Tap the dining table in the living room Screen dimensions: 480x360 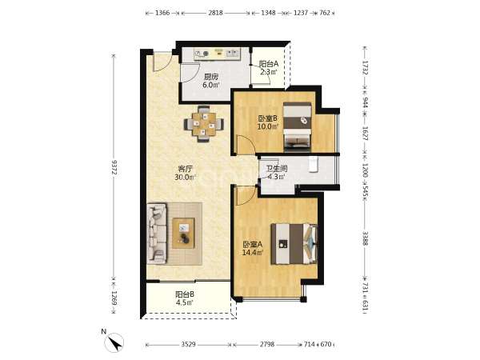point(203,124)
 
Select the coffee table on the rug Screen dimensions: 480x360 point(183,233)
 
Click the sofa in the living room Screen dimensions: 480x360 point(157,234)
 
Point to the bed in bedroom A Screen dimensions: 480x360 point(294,244)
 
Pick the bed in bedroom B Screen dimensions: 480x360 point(298,127)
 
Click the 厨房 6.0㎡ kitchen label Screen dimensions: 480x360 point(211,81)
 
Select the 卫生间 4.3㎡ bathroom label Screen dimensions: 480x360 point(277,172)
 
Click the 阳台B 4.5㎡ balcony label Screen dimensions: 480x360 point(185,298)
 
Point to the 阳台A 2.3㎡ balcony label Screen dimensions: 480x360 point(269,68)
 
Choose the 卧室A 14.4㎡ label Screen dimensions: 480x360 point(253,249)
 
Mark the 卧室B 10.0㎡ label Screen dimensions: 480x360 point(268,122)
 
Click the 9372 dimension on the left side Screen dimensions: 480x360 point(114,167)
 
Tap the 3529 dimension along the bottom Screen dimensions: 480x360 point(188,344)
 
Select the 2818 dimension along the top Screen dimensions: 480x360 point(215,13)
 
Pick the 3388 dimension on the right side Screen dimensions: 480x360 point(366,238)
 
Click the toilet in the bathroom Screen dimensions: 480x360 point(313,164)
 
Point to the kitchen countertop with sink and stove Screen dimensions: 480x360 point(218,54)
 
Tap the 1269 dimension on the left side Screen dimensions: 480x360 point(114,298)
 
